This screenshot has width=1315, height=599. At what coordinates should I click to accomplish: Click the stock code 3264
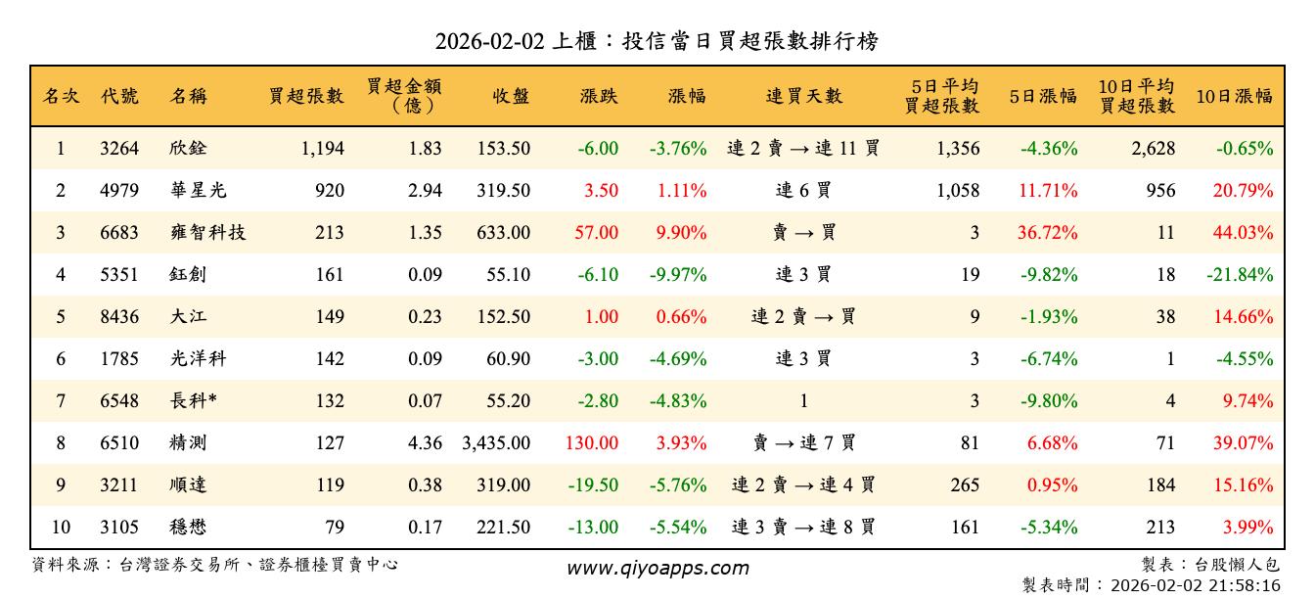click(119, 149)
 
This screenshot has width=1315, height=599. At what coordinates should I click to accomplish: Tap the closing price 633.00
click(504, 233)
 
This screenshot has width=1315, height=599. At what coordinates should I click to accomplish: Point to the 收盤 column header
click(511, 96)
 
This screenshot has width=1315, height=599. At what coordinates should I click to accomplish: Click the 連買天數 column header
click(803, 96)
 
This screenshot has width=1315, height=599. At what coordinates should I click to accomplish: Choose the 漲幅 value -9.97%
click(677, 275)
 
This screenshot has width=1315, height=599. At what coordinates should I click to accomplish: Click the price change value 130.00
click(592, 443)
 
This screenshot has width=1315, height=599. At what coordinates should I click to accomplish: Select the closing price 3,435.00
click(496, 443)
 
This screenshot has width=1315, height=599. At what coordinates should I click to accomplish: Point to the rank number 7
click(61, 401)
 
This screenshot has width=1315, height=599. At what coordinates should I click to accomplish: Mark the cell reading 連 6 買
click(803, 191)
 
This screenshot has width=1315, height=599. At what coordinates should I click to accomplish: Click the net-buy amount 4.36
click(425, 443)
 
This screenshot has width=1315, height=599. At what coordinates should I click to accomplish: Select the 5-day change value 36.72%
click(1048, 233)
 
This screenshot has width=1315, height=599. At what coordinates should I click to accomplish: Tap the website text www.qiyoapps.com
click(657, 568)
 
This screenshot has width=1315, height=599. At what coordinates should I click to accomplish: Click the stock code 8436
click(119, 317)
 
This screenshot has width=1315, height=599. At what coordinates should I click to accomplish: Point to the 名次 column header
click(61, 96)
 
